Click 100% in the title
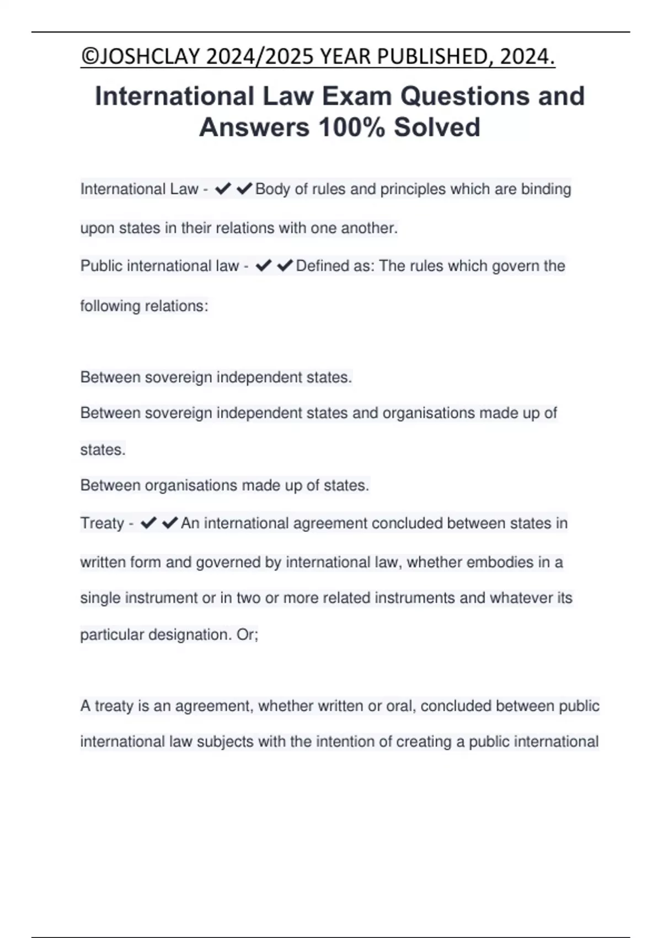351,127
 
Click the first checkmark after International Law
222,189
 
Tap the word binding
546,189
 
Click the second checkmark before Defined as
285,266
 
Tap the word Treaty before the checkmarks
102,523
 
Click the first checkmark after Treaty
148,523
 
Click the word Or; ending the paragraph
247,635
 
